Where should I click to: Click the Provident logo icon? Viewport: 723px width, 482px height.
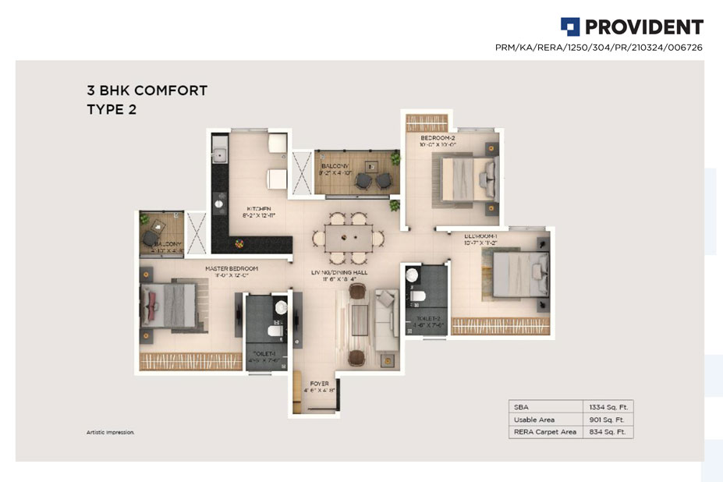[570, 27]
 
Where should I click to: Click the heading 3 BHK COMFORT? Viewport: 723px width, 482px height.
[147, 90]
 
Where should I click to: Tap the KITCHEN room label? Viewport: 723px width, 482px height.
[259, 209]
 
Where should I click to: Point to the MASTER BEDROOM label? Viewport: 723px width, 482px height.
[232, 269]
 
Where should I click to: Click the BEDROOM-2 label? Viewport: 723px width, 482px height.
[437, 138]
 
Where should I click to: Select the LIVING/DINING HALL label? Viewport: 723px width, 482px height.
[341, 272]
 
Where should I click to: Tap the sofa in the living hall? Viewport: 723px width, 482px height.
[386, 320]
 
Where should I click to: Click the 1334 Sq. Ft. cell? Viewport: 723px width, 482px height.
[609, 406]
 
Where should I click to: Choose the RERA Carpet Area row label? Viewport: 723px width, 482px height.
[546, 431]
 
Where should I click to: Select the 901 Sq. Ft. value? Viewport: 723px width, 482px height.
[609, 419]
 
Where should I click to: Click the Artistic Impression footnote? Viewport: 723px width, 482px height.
[110, 431]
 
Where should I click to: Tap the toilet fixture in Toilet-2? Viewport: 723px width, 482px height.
[418, 297]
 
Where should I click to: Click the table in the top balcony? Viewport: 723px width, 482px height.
[363, 180]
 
